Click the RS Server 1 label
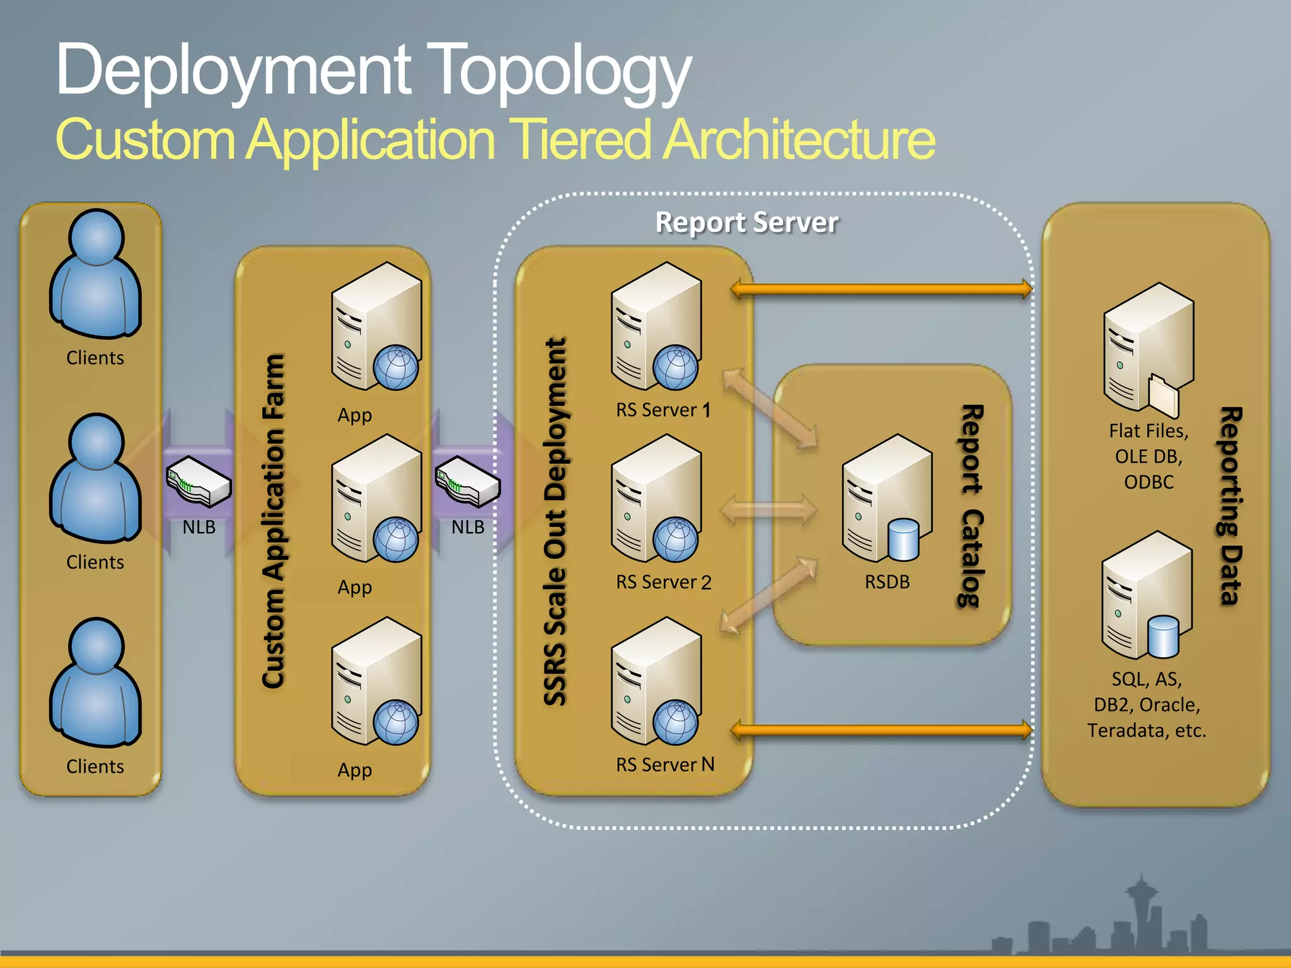[663, 410]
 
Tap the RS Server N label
[665, 764]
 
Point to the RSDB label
[887, 582]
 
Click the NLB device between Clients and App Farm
[199, 483]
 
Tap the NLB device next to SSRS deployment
[467, 483]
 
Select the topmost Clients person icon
[96, 274]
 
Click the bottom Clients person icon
[96, 683]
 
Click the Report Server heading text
[747, 222]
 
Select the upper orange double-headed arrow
[881, 289]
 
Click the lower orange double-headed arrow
[881, 730]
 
